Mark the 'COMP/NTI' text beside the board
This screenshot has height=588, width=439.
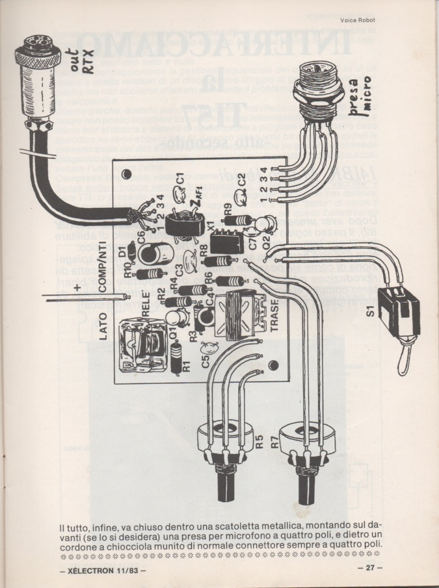coord(103,274)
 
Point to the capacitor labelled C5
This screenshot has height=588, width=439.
coord(209,347)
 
